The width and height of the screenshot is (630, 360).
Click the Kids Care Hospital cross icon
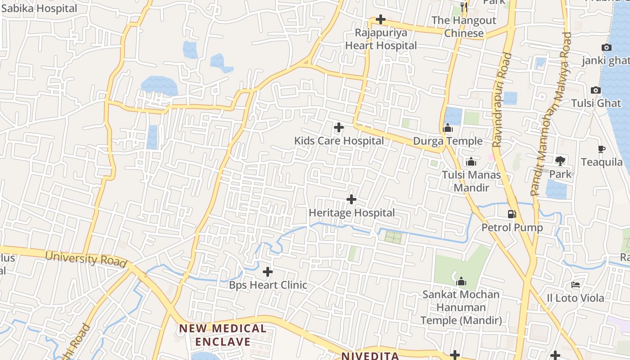coord(339,128)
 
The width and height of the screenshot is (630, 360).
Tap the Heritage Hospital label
coord(351,213)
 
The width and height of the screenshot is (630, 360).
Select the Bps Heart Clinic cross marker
coord(268,272)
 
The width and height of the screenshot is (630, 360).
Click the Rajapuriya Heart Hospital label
coord(381,39)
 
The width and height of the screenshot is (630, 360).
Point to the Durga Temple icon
coord(447,129)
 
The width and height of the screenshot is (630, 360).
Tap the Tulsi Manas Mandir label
coord(471,181)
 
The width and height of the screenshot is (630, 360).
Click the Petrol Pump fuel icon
coord(512,214)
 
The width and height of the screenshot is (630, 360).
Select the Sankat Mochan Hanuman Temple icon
coord(461,282)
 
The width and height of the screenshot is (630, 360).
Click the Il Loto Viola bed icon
coord(576,284)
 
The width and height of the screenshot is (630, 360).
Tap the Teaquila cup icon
coord(601,149)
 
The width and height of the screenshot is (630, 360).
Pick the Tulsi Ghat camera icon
coord(595,90)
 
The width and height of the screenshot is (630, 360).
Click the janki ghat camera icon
coord(606,48)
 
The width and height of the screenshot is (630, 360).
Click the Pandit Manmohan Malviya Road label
coord(552,112)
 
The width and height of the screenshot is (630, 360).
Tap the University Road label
coord(86,259)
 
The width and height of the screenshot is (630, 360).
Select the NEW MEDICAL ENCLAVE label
coord(223,335)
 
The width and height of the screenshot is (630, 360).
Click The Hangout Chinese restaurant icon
coord(464,7)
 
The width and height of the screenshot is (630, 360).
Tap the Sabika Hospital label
coord(39,8)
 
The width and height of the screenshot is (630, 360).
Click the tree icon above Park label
coord(560,161)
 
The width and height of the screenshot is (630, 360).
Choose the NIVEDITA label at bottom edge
coord(370,356)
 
